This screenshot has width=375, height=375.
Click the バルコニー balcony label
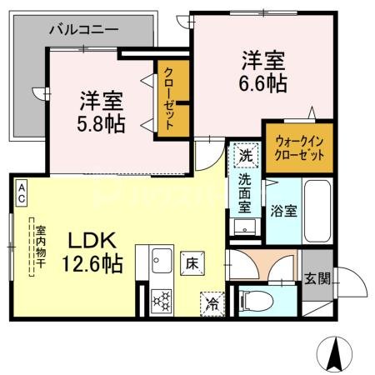point(83,29)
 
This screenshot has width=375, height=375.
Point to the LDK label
point(91,242)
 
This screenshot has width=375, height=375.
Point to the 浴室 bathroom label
point(283,211)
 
